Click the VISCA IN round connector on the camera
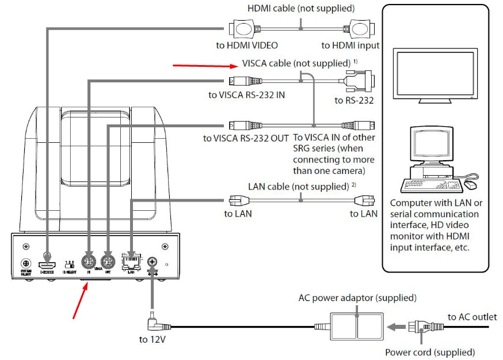pos(89,262)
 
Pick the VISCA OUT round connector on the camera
pos(106,262)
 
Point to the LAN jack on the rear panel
pos(131,262)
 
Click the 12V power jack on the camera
pos(153,262)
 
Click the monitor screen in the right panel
pos(435,74)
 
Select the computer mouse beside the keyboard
pos(470,184)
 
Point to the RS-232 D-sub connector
pos(360,81)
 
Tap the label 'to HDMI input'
pos(350,46)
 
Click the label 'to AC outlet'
pos(472,317)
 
